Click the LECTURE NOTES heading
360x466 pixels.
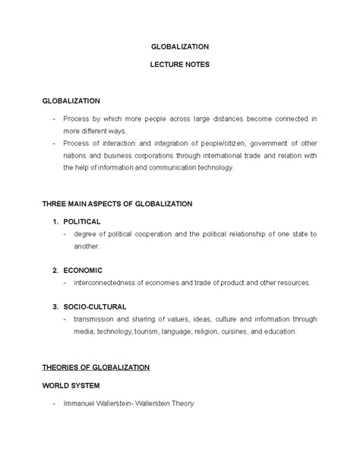[x=179, y=65]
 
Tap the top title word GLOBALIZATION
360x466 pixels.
[x=179, y=46]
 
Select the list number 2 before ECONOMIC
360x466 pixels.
[x=55, y=271]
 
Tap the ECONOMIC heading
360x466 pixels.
[x=83, y=271]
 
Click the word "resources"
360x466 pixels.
[x=292, y=283]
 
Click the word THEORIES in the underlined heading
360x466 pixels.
[x=63, y=367]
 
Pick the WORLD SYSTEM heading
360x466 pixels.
[x=71, y=385]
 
